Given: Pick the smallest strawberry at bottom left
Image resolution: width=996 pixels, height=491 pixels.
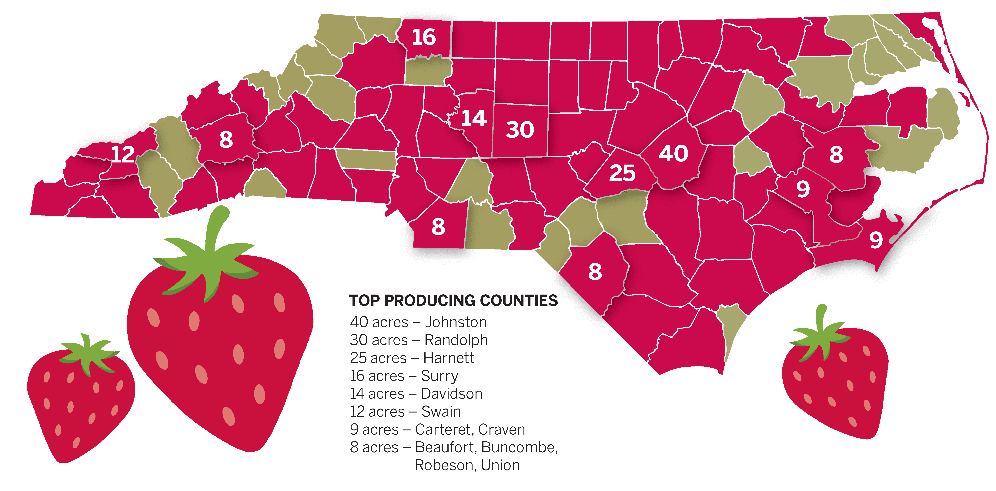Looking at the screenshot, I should tap(80, 398).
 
